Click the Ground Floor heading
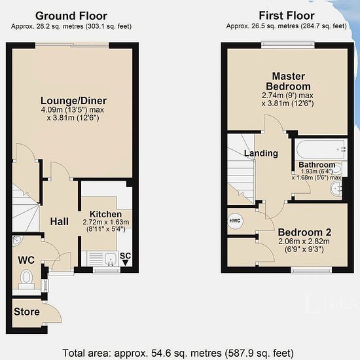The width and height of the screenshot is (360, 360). tap(71, 16)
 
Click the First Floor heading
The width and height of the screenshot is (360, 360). tap(287, 16)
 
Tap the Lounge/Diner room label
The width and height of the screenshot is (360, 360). tap(73, 101)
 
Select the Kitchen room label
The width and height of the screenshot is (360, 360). tap(105, 214)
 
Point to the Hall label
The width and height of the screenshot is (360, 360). tap(59, 221)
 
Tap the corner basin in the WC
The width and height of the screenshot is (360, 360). tap(16, 240)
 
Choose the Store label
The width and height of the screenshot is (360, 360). tap(27, 312)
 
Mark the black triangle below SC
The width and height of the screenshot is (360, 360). tap(125, 262)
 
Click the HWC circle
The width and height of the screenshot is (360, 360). tap(235, 221)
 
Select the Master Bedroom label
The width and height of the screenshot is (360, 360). tap(289, 81)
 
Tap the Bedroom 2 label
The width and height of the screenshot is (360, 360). tap(304, 232)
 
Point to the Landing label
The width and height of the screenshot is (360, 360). tap(261, 153)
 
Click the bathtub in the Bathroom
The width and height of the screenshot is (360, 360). tap(321, 149)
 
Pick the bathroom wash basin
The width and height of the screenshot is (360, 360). tap(336, 189)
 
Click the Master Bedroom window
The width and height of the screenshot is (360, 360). tap(288, 45)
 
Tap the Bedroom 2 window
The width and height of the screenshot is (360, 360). tap(312, 270)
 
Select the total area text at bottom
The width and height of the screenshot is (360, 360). tap(178, 353)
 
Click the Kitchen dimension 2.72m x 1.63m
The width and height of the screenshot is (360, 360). tap(106, 223)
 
